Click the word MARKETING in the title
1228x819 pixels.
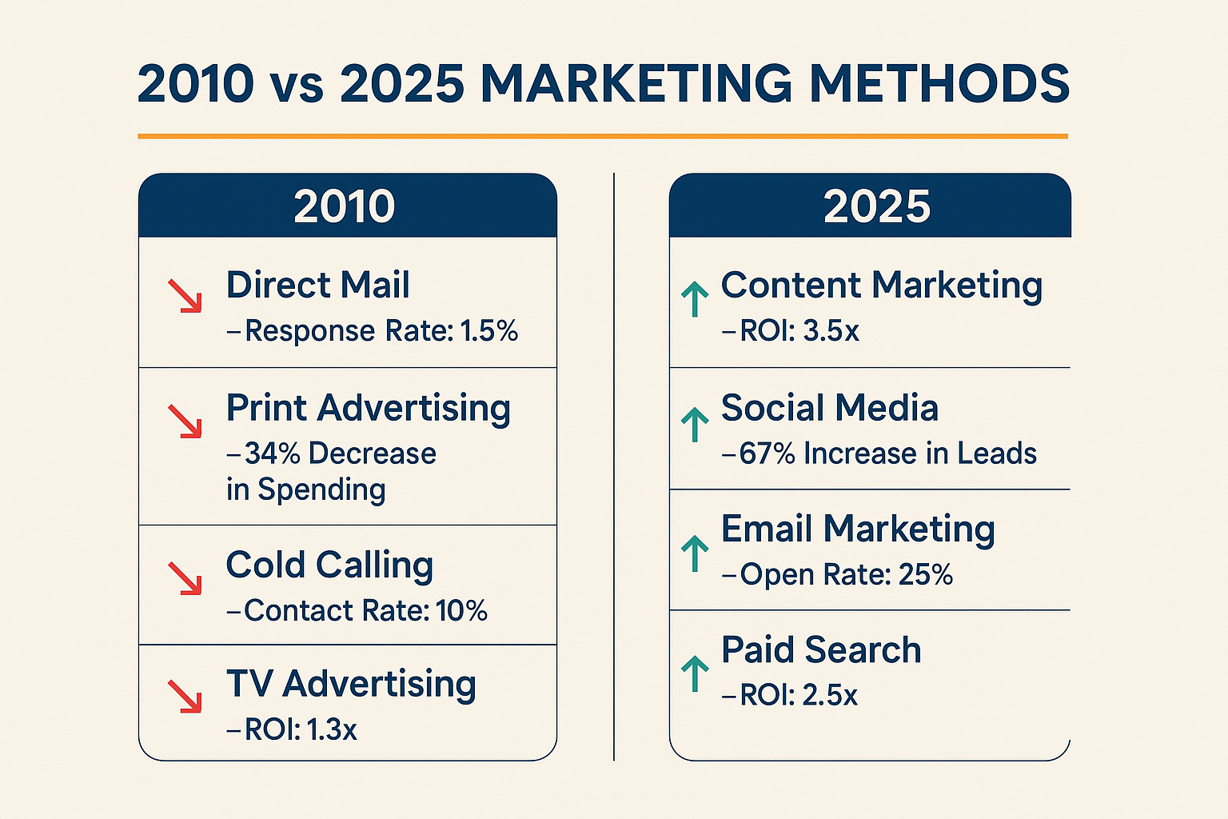[636, 83]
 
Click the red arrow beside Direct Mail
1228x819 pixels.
[185, 296]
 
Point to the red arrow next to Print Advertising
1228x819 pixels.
[185, 421]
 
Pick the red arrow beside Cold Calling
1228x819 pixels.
[185, 578]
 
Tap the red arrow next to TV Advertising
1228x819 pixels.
[185, 697]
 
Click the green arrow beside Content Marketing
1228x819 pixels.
[695, 299]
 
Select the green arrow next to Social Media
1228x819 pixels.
[695, 425]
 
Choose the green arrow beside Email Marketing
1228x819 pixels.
[695, 553]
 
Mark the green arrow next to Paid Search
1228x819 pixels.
[695, 673]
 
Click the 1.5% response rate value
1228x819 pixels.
[489, 331]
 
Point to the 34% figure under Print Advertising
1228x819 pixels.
[273, 453]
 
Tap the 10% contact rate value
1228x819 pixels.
[461, 610]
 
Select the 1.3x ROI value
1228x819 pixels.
[332, 729]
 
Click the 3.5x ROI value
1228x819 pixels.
[831, 331]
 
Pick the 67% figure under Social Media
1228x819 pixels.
[767, 453]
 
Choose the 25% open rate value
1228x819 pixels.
[926, 574]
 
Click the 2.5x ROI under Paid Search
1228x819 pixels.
[830, 695]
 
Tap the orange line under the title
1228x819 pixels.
[603, 136]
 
